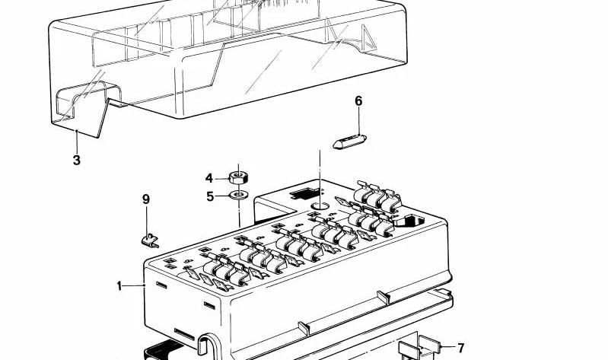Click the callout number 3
[x=77, y=160]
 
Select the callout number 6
[x=358, y=101]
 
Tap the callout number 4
[x=209, y=178]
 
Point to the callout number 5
[x=210, y=196]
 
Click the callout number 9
[x=146, y=199]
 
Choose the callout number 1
[x=119, y=286]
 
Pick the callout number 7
[x=460, y=348]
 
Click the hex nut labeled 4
[x=238, y=178]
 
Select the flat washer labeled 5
[x=239, y=194]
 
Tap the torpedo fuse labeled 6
[x=349, y=142]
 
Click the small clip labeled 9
[x=150, y=241]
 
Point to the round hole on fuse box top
[x=320, y=205]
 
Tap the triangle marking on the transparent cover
[x=369, y=37]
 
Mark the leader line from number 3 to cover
[x=77, y=142]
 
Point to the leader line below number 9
[x=147, y=221]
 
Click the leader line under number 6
[x=358, y=122]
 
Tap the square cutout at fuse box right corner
[x=409, y=221]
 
